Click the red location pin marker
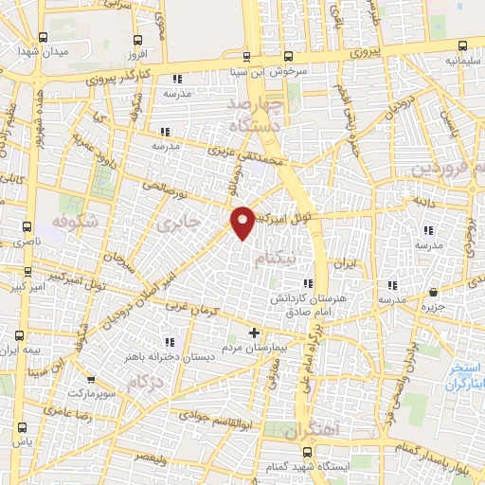coord(242,222)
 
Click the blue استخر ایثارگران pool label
coord(465,375)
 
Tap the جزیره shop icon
coord(433,293)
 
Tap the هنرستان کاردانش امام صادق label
coord(323,302)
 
